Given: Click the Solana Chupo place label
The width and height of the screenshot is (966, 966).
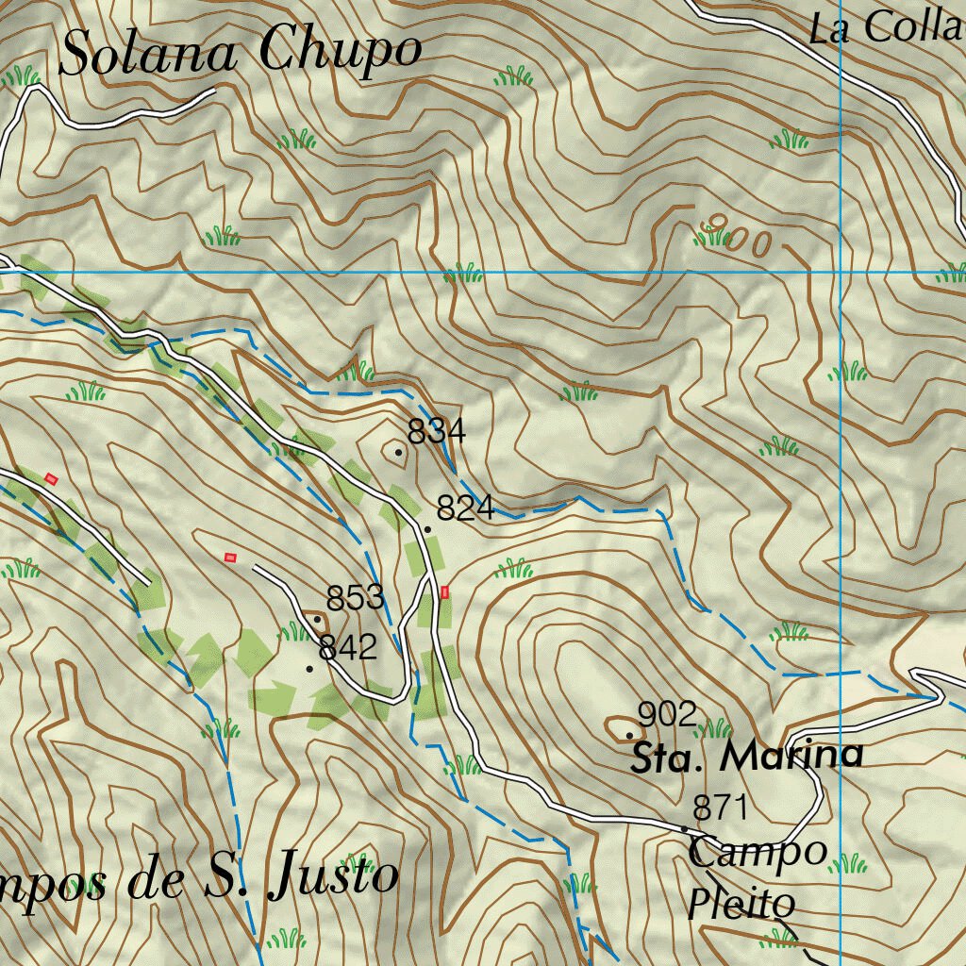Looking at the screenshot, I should pyautogui.click(x=240, y=52).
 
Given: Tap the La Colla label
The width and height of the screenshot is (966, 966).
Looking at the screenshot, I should pyautogui.click(x=887, y=28).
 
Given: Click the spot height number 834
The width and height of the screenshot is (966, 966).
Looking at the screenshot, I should pyautogui.click(x=436, y=431).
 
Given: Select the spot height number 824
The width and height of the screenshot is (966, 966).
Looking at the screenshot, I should pyautogui.click(x=465, y=508).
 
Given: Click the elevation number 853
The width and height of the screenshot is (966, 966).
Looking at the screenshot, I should pyautogui.click(x=356, y=598).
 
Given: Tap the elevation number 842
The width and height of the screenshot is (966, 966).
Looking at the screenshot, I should pyautogui.click(x=348, y=647).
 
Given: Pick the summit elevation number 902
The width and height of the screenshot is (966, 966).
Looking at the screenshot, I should pyautogui.click(x=667, y=714).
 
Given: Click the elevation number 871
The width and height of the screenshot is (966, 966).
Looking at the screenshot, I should pyautogui.click(x=720, y=808).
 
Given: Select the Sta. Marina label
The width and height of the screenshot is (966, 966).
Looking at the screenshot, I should pyautogui.click(x=746, y=757).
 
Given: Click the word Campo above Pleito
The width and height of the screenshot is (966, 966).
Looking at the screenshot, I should pyautogui.click(x=758, y=852).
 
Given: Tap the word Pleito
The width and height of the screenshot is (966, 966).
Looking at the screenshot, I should pyautogui.click(x=741, y=903).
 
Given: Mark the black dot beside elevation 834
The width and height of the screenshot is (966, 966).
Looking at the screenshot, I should pyautogui.click(x=398, y=452).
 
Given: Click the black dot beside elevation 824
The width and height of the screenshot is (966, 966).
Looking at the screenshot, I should pyautogui.click(x=427, y=529).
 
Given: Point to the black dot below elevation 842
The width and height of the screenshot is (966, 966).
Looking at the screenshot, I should pyautogui.click(x=309, y=668).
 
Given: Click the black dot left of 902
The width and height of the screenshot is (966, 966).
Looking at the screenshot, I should pyautogui.click(x=629, y=734).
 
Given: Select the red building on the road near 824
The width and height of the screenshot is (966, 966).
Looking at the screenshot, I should pyautogui.click(x=444, y=592).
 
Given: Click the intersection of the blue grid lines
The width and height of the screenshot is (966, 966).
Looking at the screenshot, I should pyautogui.click(x=841, y=273).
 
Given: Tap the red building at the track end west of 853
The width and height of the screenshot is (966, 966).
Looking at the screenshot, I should pyautogui.click(x=229, y=558).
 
